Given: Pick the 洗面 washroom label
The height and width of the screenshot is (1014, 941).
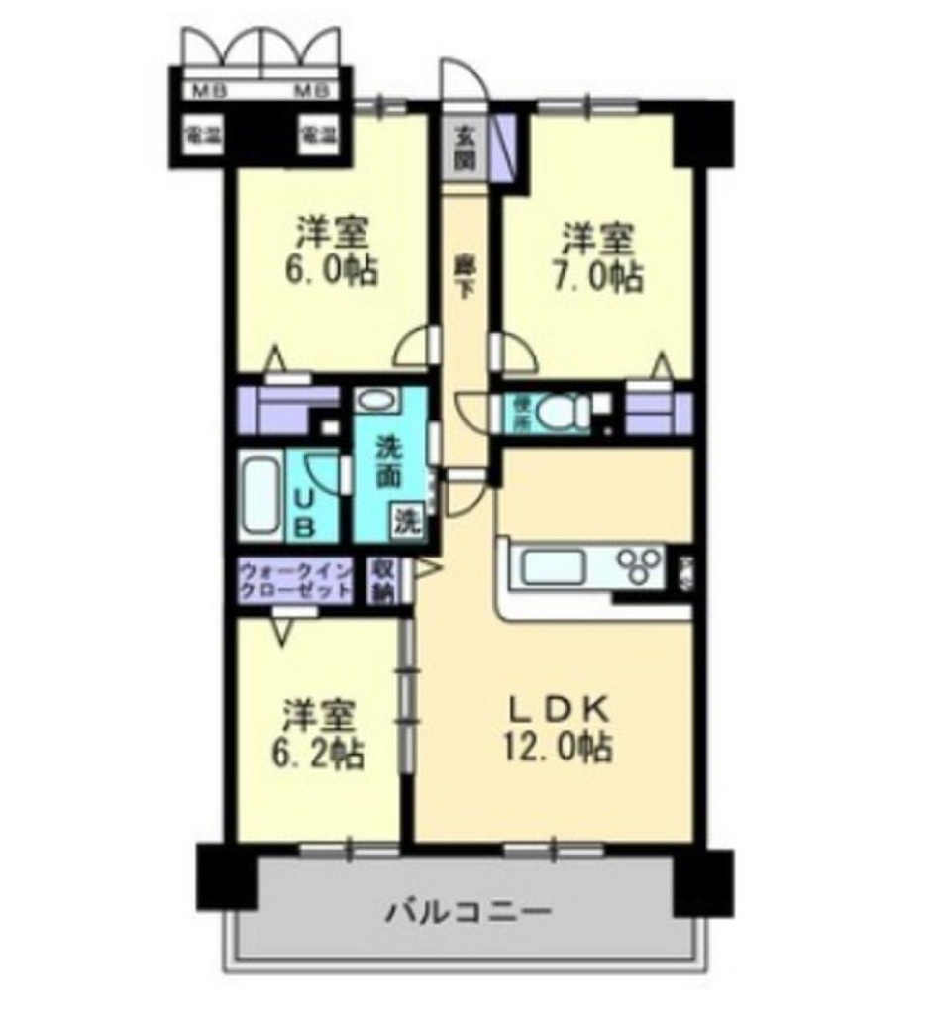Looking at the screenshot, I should [388, 462].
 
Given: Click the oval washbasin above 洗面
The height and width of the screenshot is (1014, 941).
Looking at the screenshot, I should [375, 402].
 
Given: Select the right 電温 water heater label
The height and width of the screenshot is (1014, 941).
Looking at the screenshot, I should [317, 135].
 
